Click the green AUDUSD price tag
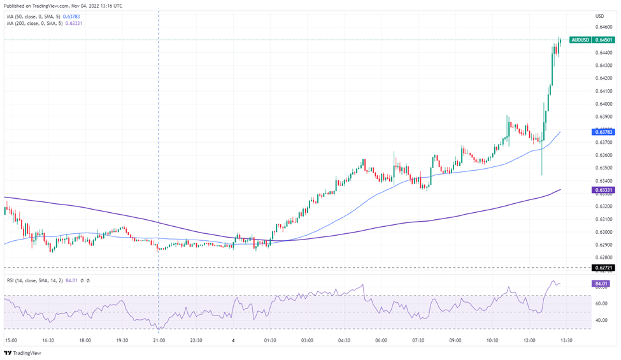click(580, 40)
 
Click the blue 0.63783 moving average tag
click(603, 131)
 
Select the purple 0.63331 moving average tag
click(603, 190)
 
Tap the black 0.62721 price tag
click(603, 268)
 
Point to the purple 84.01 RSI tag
click(601, 284)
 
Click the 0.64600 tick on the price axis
click(603, 27)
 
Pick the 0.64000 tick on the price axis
click(603, 104)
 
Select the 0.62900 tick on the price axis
click(603, 245)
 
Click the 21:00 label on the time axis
click(159, 340)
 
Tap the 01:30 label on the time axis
click(270, 340)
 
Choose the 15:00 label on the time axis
click(11, 340)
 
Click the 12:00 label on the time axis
click(529, 340)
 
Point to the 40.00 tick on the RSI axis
click(601, 320)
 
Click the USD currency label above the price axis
click(599, 16)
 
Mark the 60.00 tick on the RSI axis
click(601, 303)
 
